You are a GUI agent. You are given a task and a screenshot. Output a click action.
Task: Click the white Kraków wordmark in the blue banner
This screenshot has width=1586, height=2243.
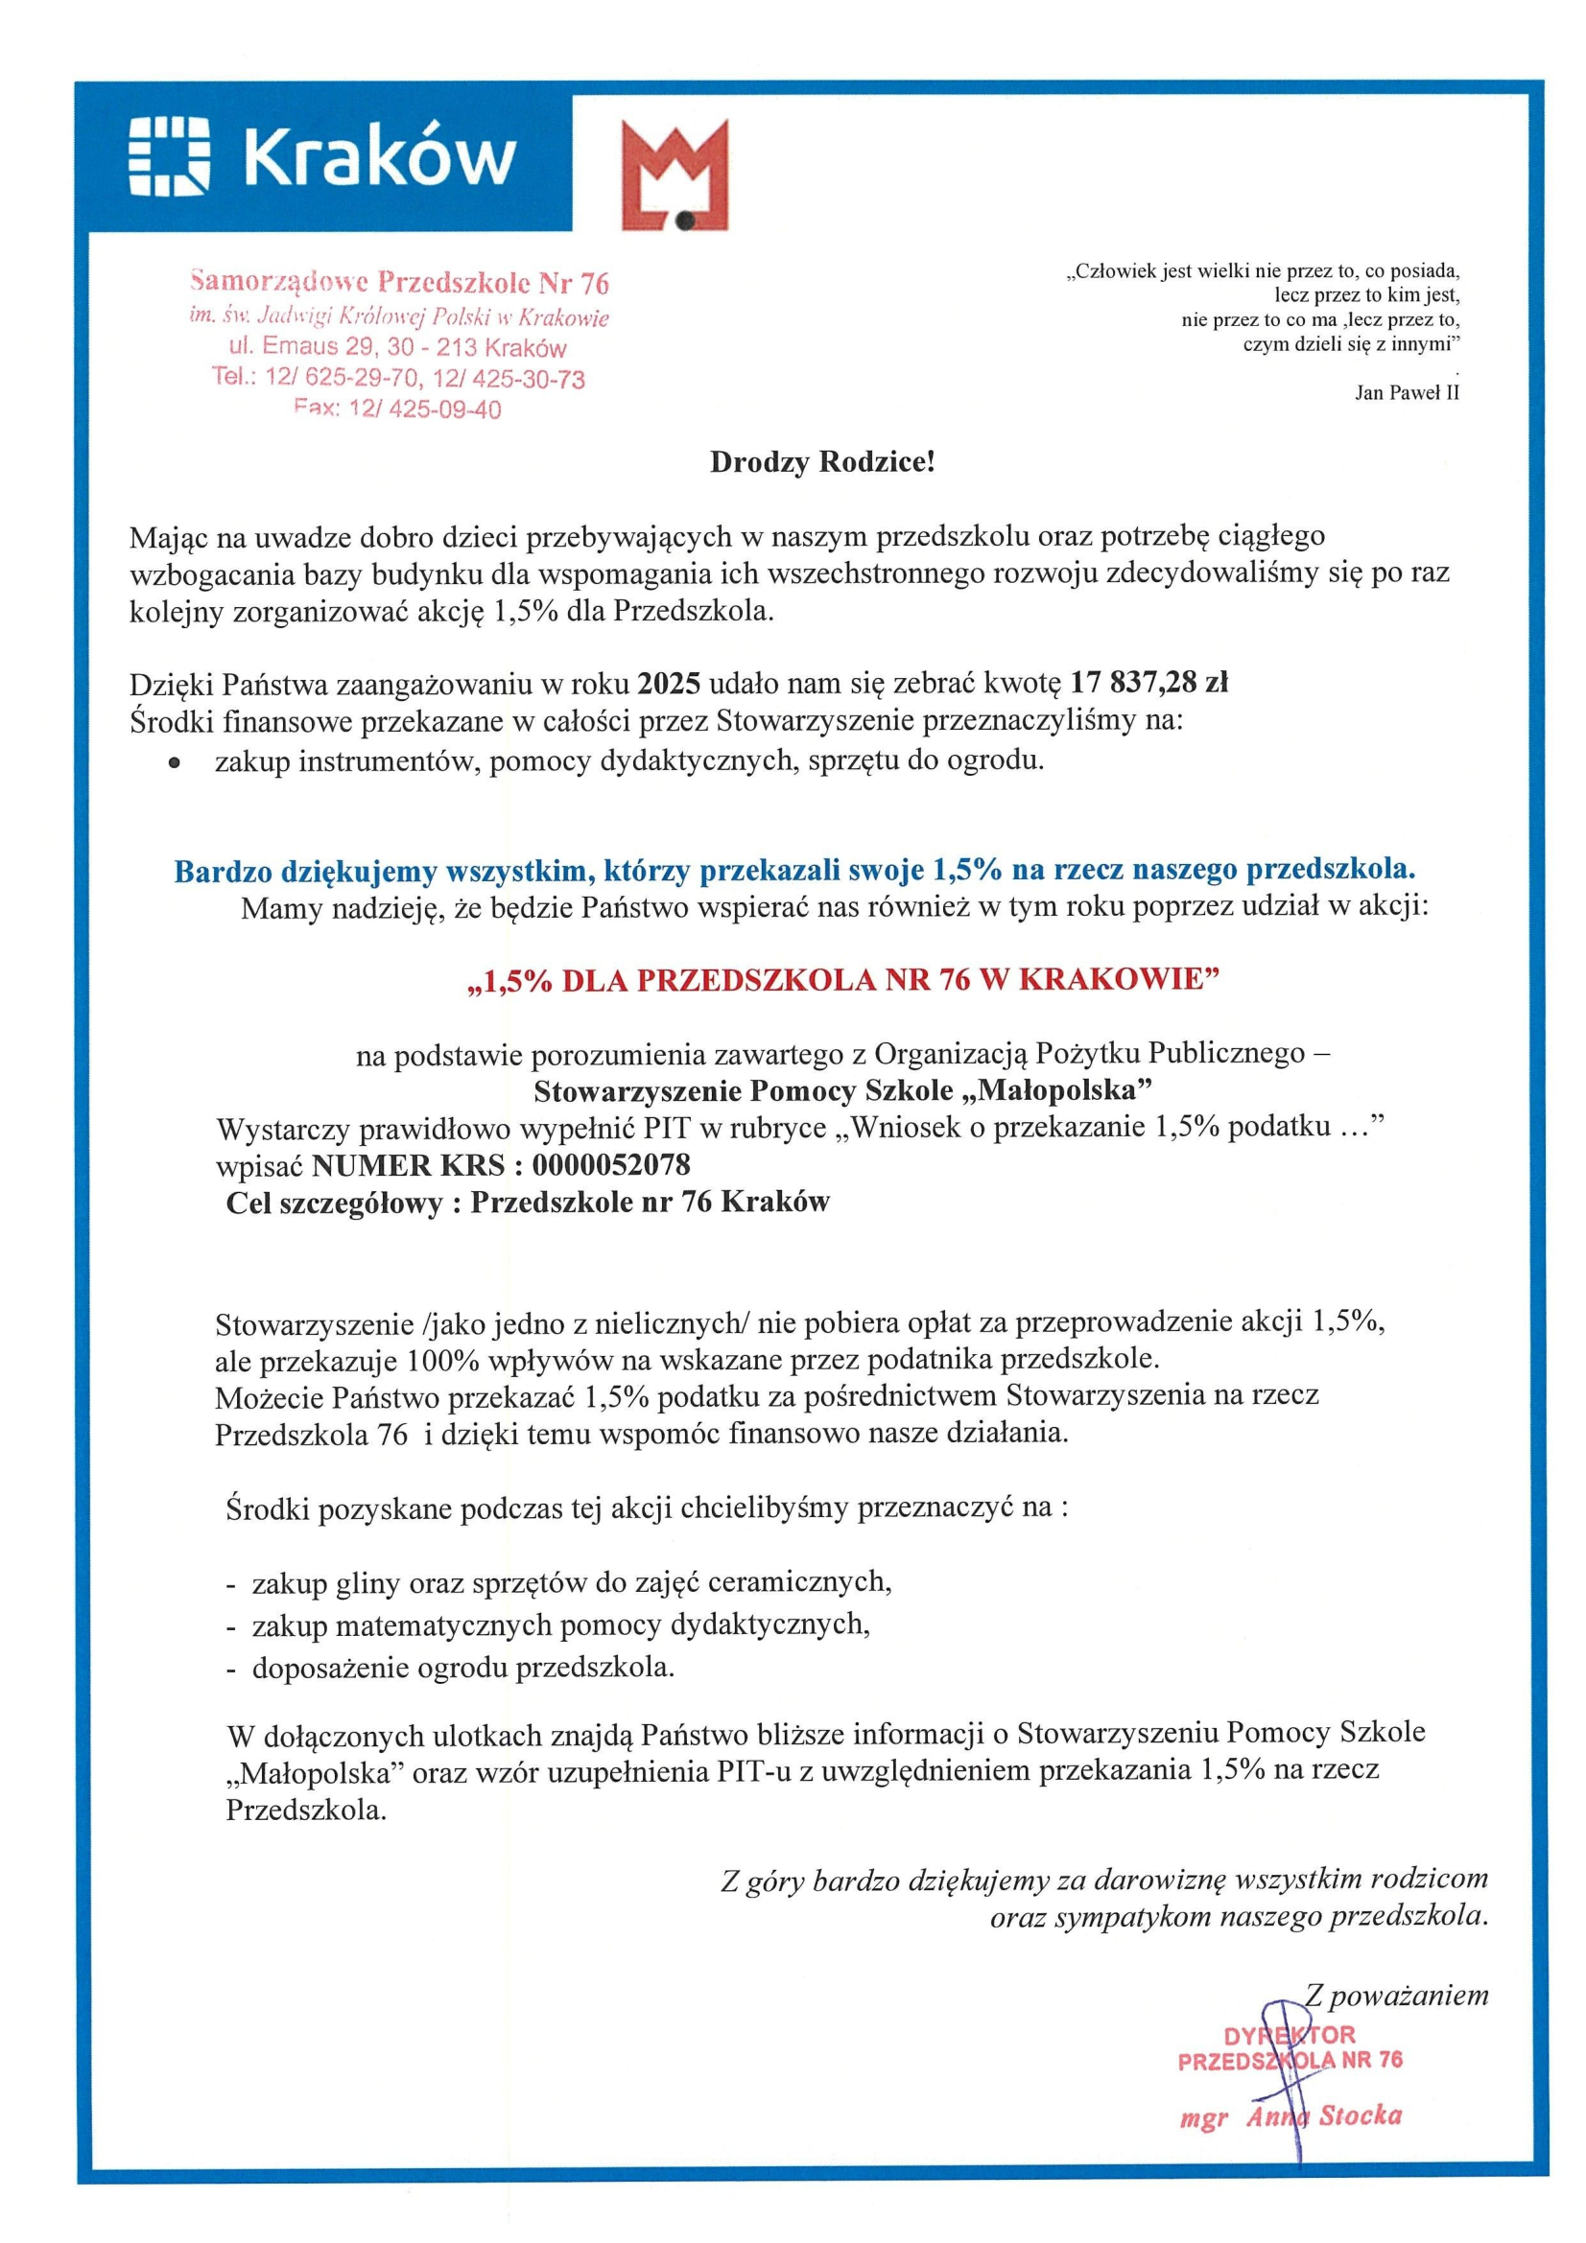coord(379,156)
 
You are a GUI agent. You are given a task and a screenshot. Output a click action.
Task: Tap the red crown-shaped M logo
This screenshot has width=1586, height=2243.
coord(675,175)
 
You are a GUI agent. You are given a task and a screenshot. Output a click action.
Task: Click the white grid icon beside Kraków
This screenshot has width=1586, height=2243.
coord(169,156)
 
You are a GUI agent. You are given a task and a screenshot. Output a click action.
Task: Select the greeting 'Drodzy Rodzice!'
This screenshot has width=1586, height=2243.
coord(822,462)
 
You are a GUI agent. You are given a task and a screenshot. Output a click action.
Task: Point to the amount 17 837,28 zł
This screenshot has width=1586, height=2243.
coord(1148,682)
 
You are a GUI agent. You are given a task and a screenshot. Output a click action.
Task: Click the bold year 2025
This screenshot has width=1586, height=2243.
coord(669,682)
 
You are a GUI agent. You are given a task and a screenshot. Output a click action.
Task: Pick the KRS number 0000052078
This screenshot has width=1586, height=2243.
coord(611,1164)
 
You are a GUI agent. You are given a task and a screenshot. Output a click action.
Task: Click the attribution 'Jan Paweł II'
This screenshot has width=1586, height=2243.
coord(1407,393)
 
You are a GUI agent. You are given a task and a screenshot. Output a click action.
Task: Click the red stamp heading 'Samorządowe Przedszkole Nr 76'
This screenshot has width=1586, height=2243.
coord(400,283)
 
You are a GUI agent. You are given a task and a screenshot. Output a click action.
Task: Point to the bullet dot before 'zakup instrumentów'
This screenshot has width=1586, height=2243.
coord(174,765)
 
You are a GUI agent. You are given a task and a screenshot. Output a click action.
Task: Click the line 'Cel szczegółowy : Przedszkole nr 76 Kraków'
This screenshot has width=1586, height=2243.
coord(528,1202)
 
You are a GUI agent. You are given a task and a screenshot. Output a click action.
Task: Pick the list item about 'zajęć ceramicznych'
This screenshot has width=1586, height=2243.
coord(571,1582)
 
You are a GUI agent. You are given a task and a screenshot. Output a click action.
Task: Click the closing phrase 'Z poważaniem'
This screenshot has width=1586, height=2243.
coord(1396,1995)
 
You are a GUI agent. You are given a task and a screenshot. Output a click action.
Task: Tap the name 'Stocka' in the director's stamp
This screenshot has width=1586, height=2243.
coord(1361,2116)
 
